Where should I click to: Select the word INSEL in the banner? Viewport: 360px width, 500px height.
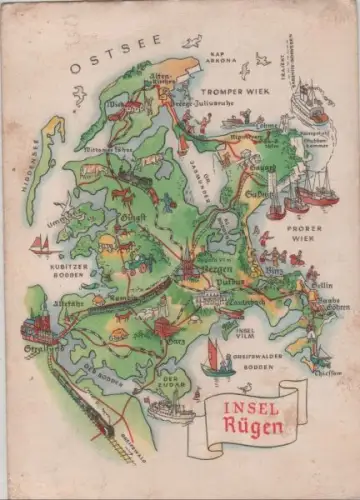(x=246, y=408)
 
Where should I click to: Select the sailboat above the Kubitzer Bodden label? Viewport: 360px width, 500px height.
(x=40, y=245)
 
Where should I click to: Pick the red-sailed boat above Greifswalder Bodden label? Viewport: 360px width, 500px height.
(x=219, y=358)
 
